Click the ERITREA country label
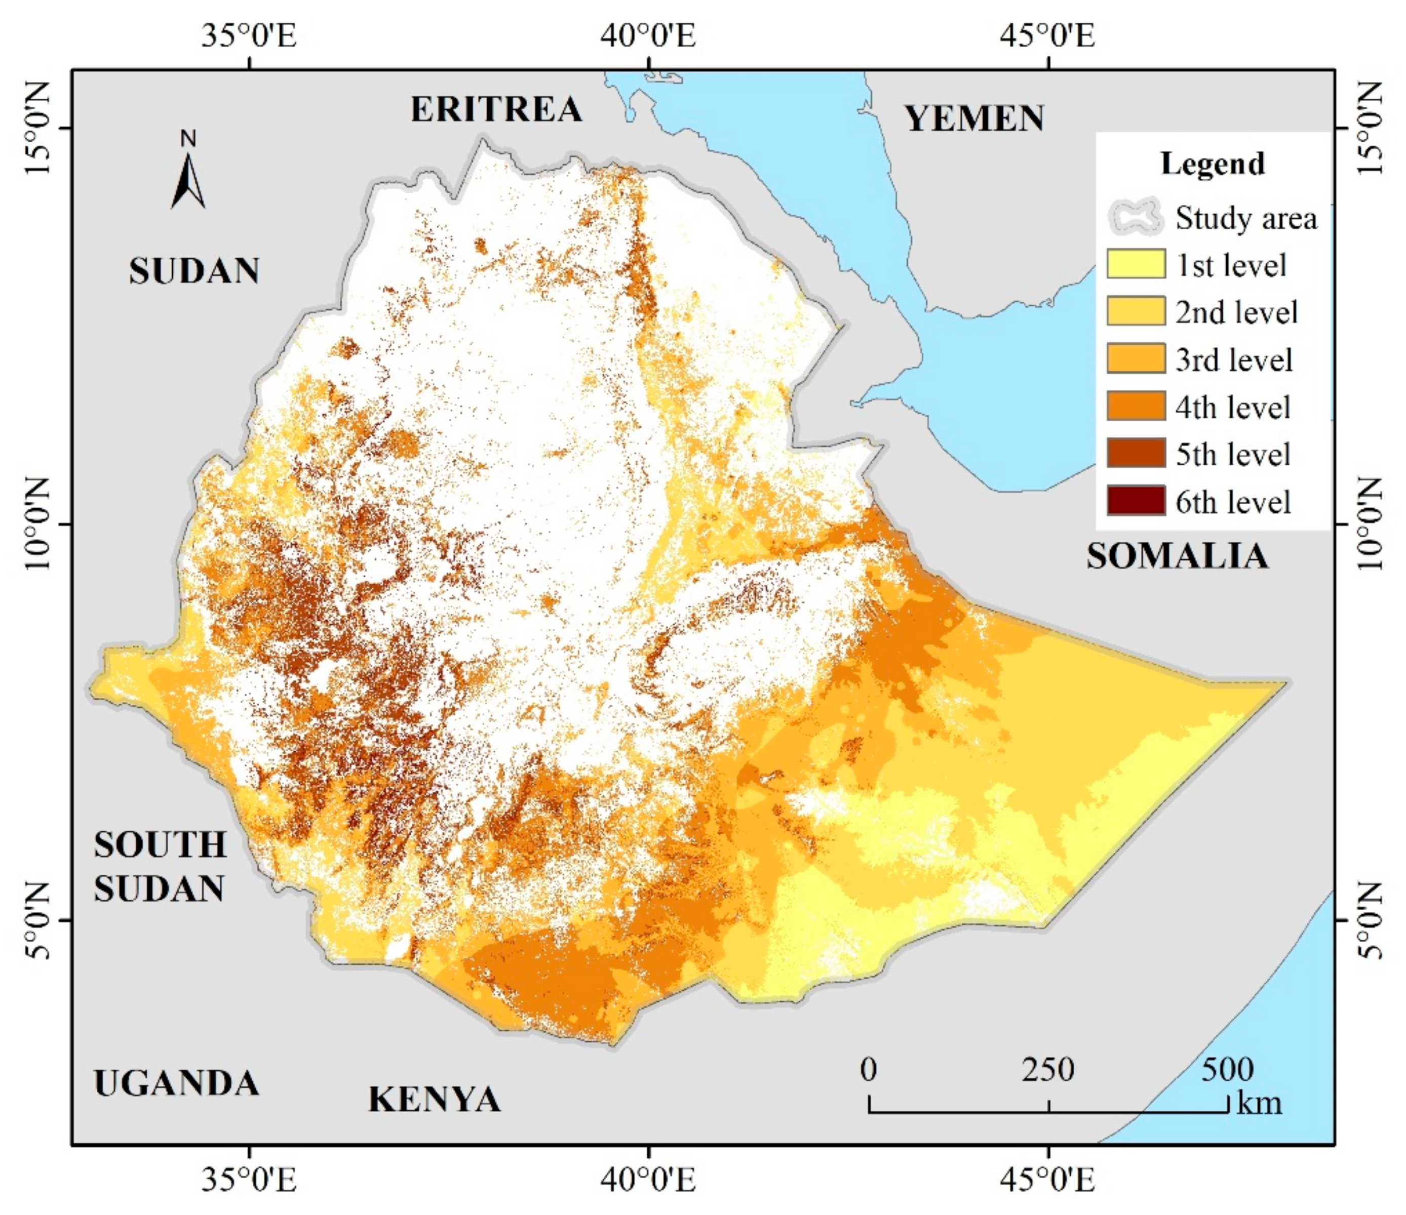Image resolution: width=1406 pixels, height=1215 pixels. pos(496,109)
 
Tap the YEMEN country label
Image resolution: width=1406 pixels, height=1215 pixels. pos(974,119)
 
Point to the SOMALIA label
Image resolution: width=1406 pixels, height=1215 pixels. pos(1177,556)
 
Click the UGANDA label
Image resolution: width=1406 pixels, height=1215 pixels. pos(176,1083)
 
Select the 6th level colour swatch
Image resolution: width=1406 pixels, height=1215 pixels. pos(1136,501)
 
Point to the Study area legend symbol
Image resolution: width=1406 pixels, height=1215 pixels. pos(1136,217)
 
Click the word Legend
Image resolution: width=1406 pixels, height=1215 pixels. pos(1213,164)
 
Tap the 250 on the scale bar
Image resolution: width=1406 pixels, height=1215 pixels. pos(1048,1070)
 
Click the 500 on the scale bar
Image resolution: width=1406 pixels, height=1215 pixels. pos(1227,1070)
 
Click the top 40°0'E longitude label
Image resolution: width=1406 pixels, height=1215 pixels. pos(648,36)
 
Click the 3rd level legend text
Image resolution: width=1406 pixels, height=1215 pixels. pos(1234,359)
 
